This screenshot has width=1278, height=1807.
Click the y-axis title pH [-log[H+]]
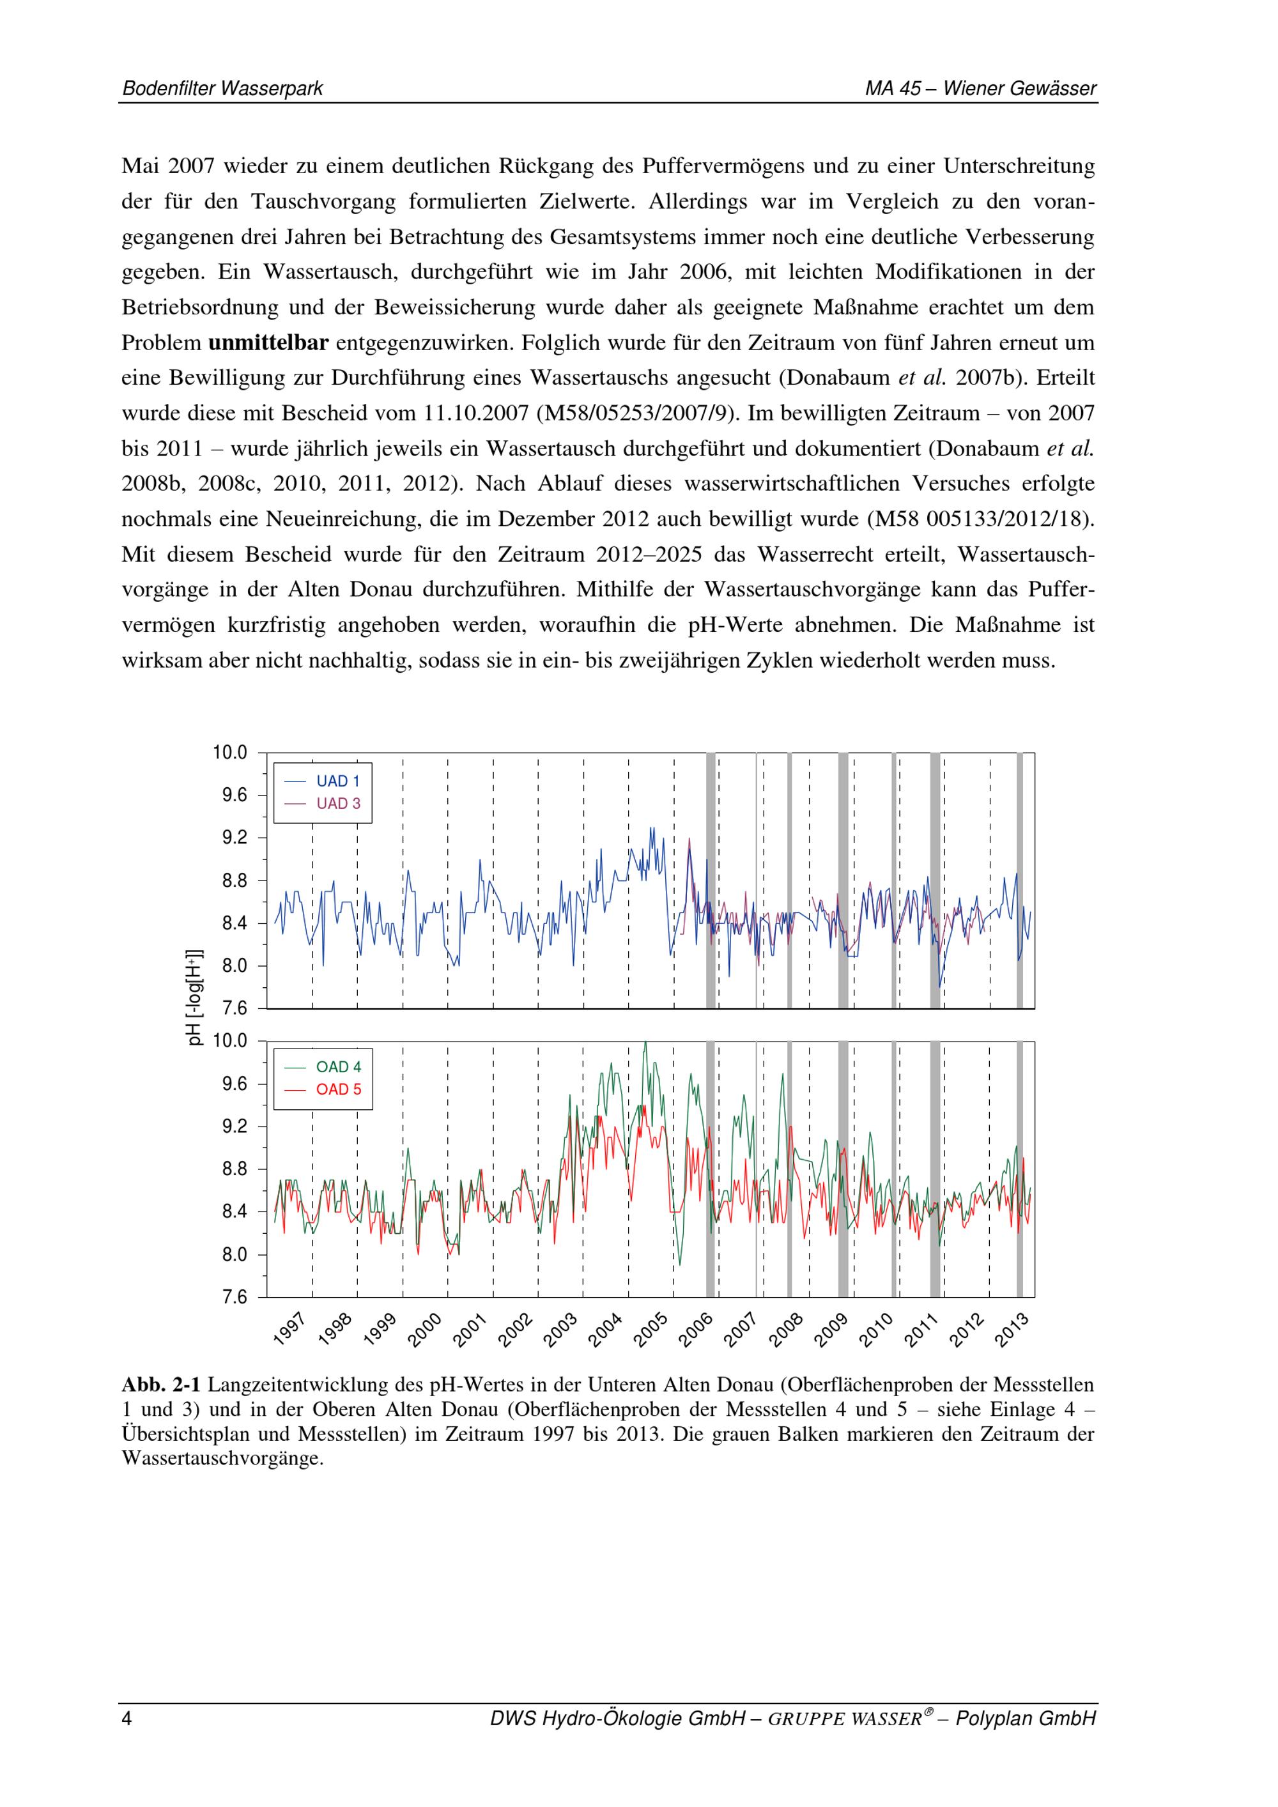point(194,998)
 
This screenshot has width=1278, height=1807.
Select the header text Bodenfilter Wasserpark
point(223,89)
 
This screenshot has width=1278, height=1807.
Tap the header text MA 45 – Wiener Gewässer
point(980,89)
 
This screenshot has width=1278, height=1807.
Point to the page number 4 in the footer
point(127,1719)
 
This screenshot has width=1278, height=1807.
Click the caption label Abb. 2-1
point(161,1385)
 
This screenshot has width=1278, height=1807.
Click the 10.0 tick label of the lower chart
point(230,1042)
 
